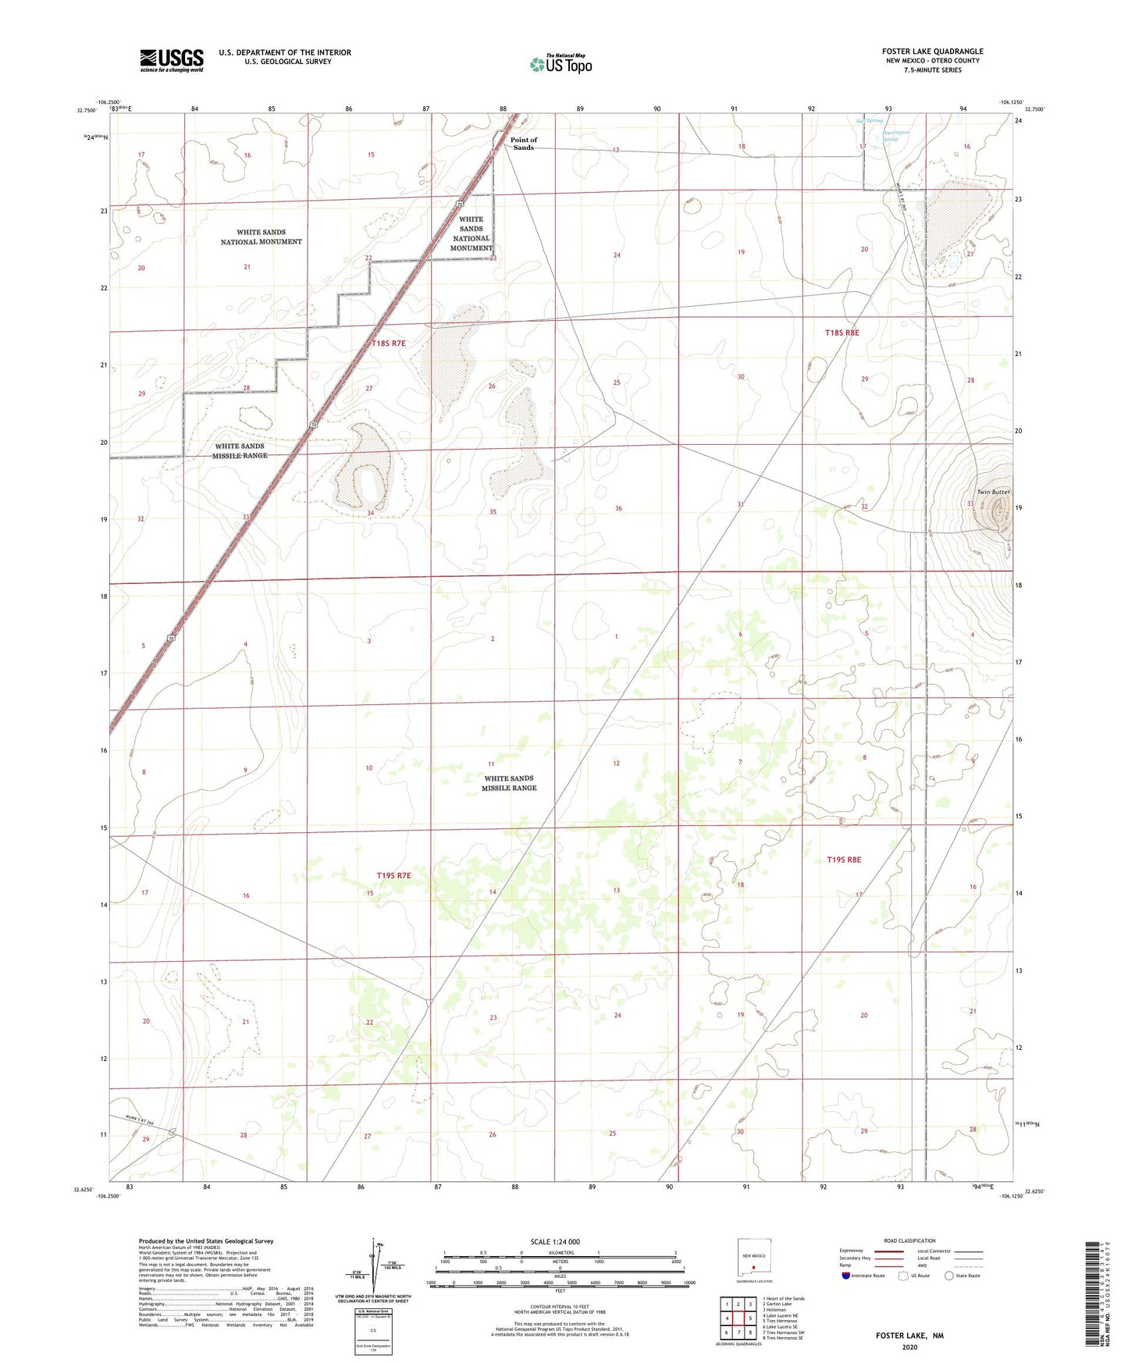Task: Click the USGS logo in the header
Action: click(x=172, y=60)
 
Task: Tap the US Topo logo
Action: click(x=560, y=64)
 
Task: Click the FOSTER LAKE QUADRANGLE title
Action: click(x=932, y=52)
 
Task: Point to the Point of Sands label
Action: click(x=524, y=144)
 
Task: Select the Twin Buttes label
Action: click(x=993, y=492)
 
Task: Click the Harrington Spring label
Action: click(x=895, y=136)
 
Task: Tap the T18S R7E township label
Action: click(x=389, y=343)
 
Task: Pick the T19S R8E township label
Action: click(x=844, y=859)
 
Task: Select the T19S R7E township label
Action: click(x=393, y=876)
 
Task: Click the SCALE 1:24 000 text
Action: click(x=555, y=1241)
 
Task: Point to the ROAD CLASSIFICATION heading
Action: click(x=909, y=1240)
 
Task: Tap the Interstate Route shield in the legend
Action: click(x=846, y=1276)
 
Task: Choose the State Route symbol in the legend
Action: click(x=949, y=1276)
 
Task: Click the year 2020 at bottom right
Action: click(x=909, y=1347)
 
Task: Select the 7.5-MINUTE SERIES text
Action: click(x=932, y=70)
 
